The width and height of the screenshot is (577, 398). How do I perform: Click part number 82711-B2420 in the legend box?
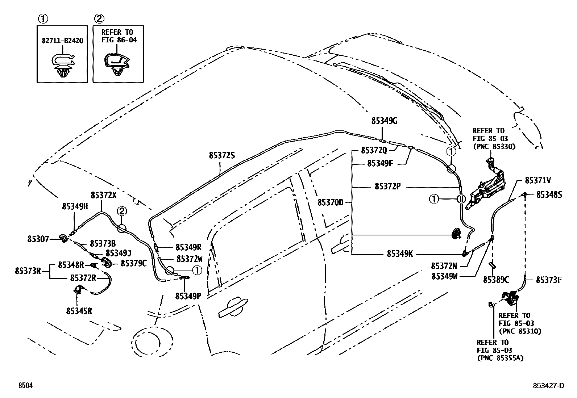click(62, 41)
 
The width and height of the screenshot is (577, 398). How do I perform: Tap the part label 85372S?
click(222, 155)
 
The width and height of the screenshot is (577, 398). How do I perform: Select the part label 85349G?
click(384, 121)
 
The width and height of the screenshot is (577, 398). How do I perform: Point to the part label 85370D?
click(330, 202)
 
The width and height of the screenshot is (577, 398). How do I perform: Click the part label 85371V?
click(538, 180)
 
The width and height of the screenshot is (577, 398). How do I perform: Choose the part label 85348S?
click(549, 195)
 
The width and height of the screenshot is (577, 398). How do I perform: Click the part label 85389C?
click(496, 280)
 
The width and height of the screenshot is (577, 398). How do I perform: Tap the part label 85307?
click(38, 239)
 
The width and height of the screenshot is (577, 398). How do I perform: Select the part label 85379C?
click(133, 263)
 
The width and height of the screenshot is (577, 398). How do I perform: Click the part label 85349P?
click(188, 296)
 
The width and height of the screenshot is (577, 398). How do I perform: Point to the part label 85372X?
click(104, 195)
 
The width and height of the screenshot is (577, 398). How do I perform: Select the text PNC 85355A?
click(500, 358)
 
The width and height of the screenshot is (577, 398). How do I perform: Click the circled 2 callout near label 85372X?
click(121, 211)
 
